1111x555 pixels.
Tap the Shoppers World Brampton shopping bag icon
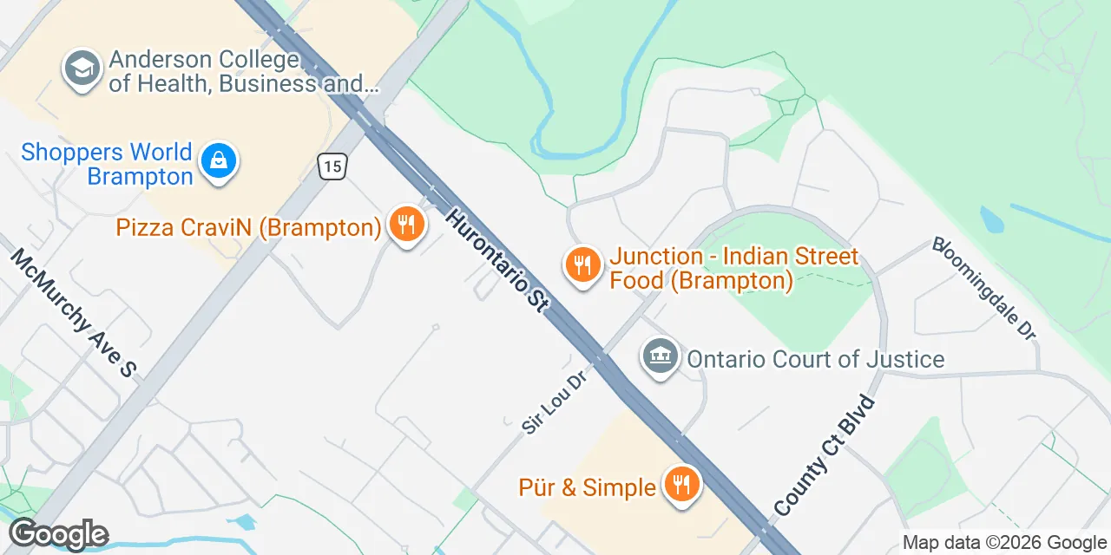click(x=219, y=162)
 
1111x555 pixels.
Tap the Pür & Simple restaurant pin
click(x=681, y=485)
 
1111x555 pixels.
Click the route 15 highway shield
click(x=332, y=166)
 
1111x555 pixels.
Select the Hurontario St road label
click(x=498, y=259)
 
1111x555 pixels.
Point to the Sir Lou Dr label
click(x=550, y=405)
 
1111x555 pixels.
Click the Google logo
click(x=58, y=534)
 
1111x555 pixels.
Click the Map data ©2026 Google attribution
click(x=1004, y=543)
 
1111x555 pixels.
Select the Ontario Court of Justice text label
click(x=815, y=358)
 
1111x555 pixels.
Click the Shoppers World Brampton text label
click(x=107, y=164)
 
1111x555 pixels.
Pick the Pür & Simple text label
click(x=587, y=487)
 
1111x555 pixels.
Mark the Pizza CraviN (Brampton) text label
click(x=248, y=228)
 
